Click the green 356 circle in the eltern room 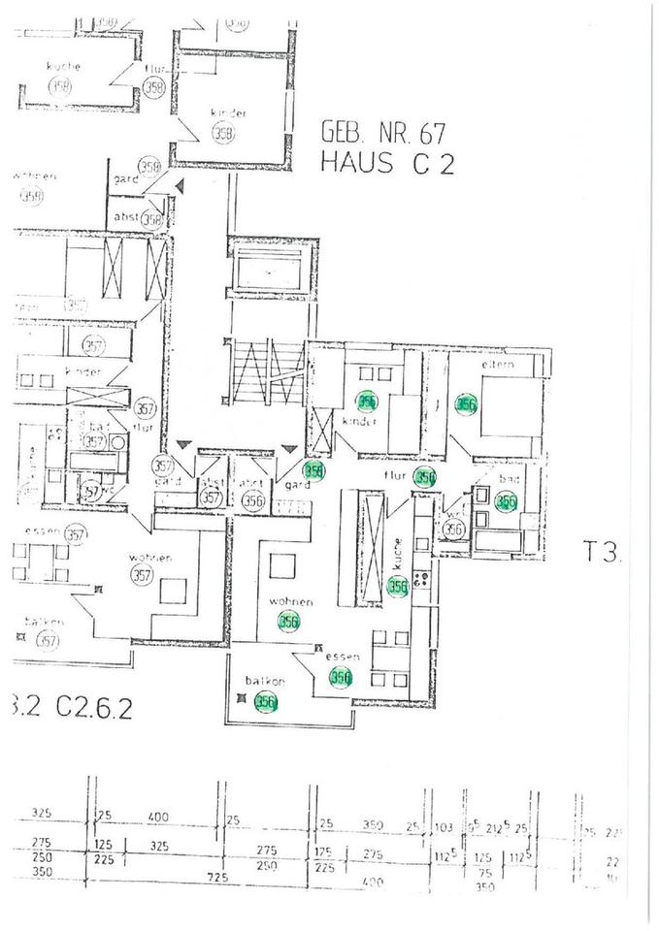coord(467,404)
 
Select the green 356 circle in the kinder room coord(367,400)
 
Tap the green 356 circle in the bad coord(505,501)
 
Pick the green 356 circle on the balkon coord(263,703)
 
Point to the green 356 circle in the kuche coord(397,586)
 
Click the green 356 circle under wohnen coord(288,623)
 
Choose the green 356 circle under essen coord(340,678)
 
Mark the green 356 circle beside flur coord(424,476)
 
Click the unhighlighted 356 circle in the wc coord(454,529)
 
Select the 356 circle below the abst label coord(252,500)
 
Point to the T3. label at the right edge coord(602,554)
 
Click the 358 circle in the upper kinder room coord(223,134)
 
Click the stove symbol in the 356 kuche coord(422,580)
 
